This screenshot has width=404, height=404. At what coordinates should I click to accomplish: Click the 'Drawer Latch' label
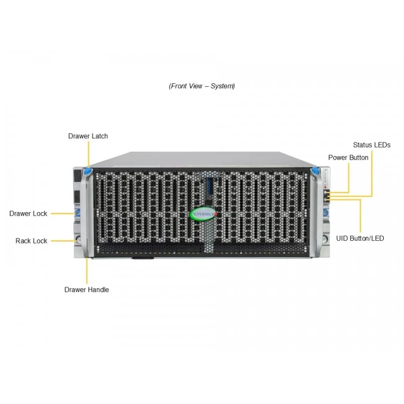pyautogui.click(x=88, y=136)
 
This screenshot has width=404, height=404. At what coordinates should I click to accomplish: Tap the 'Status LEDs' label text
pyautogui.click(x=372, y=145)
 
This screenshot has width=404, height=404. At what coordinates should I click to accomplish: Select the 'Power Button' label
pyautogui.click(x=348, y=158)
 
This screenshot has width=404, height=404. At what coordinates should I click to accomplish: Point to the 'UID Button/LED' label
pyautogui.click(x=360, y=238)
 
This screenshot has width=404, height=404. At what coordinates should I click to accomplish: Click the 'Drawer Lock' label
pyautogui.click(x=28, y=214)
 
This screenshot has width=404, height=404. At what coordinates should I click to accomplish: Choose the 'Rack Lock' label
pyautogui.click(x=31, y=241)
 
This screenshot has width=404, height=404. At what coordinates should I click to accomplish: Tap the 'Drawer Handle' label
pyautogui.click(x=86, y=289)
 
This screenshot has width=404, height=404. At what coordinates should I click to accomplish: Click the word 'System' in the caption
pyautogui.click(x=222, y=86)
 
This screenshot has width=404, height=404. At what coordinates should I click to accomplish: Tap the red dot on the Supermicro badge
pyautogui.click(x=216, y=214)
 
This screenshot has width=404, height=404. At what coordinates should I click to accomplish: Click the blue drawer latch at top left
pyautogui.click(x=88, y=171)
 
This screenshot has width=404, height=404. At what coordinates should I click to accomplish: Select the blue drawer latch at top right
pyautogui.click(x=315, y=171)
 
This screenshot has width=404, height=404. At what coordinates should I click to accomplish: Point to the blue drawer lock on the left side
pyautogui.click(x=78, y=213)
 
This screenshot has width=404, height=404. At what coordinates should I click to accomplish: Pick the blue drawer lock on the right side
pyautogui.click(x=326, y=213)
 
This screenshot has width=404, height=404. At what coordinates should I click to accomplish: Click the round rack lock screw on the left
pyautogui.click(x=78, y=240)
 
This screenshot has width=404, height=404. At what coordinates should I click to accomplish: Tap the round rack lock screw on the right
pyautogui.click(x=325, y=239)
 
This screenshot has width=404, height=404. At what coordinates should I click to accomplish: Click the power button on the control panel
pyautogui.click(x=325, y=192)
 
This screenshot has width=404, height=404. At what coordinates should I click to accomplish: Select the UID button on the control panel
pyautogui.click(x=325, y=199)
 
